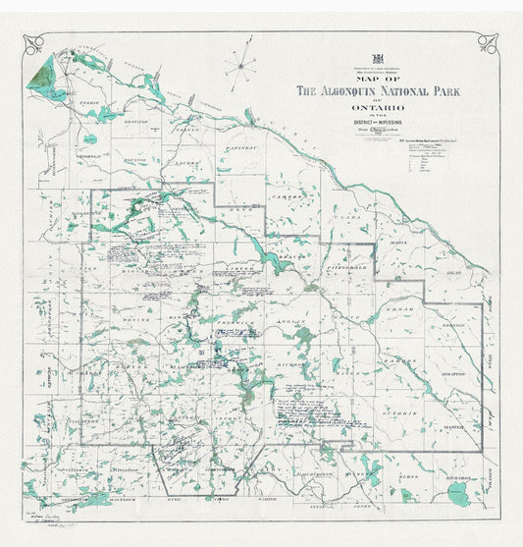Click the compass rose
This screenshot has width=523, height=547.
point(238,67)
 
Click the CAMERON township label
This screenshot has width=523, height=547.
point(294,196)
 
